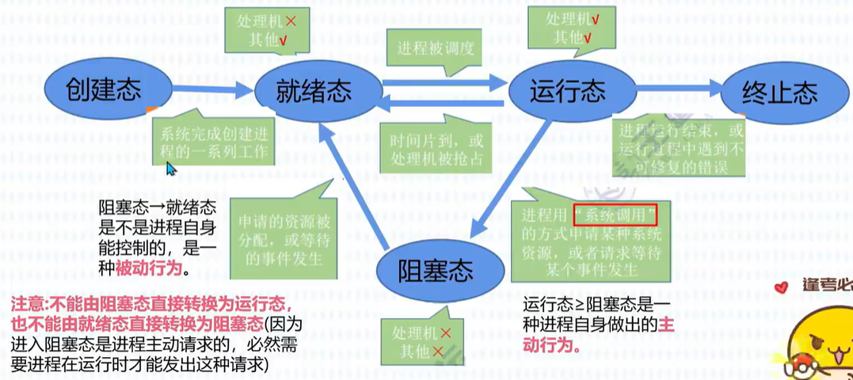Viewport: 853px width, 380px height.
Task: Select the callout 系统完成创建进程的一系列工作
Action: click(213, 141)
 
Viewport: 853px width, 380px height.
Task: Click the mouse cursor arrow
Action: click(169, 169)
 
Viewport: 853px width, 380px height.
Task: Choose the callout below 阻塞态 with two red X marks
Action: click(416, 340)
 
